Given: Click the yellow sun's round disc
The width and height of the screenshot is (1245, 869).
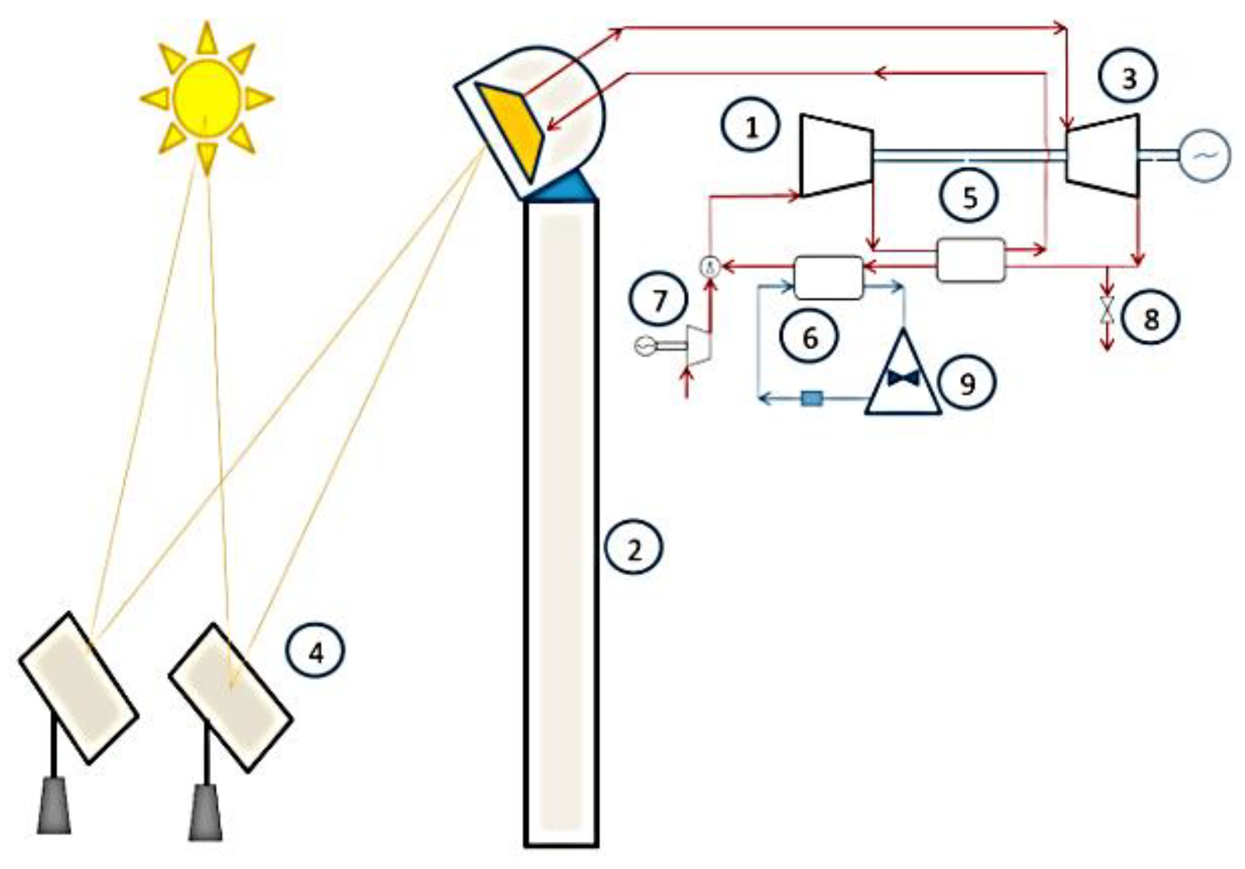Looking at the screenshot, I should pos(206,96).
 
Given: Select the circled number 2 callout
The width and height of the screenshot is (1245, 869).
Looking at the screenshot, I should pos(635,549).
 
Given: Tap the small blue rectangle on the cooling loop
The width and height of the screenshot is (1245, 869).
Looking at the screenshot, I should pos(812,399).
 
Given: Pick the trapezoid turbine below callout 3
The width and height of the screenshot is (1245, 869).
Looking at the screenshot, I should pos(1103,156).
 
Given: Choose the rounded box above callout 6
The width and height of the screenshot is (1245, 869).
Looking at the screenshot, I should pos(828,278).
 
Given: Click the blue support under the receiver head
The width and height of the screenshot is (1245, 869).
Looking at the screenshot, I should pos(564,187).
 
